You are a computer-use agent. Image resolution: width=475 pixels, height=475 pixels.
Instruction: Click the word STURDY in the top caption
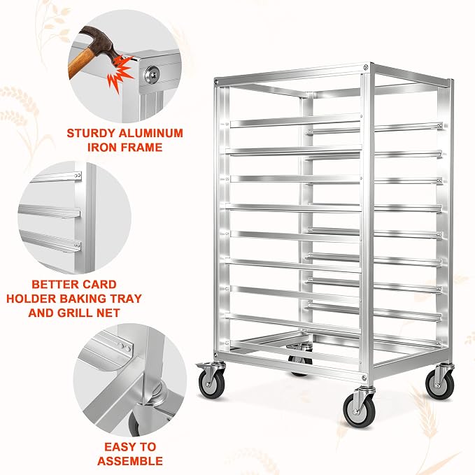click(90, 134)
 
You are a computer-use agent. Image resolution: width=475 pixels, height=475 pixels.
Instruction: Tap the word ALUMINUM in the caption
click(151, 134)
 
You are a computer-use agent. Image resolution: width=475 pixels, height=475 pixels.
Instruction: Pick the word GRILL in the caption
click(80, 313)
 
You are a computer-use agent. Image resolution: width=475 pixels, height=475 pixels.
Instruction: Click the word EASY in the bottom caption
click(118, 447)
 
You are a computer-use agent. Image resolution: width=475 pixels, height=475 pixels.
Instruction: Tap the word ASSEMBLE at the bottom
click(130, 461)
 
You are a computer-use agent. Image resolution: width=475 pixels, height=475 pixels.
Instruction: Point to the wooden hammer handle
click(81, 63)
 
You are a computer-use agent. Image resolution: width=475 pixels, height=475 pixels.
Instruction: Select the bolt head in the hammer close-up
click(152, 74)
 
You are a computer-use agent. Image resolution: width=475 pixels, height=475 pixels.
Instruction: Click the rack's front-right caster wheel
click(359, 411)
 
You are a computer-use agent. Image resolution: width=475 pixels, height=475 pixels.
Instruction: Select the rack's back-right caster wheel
click(439, 384)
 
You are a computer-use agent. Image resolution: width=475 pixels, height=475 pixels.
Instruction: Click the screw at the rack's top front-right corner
click(367, 66)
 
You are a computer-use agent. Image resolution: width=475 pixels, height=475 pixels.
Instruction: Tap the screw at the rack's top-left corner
click(216, 81)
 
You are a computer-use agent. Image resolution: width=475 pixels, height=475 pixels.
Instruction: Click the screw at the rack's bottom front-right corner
click(364, 378)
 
